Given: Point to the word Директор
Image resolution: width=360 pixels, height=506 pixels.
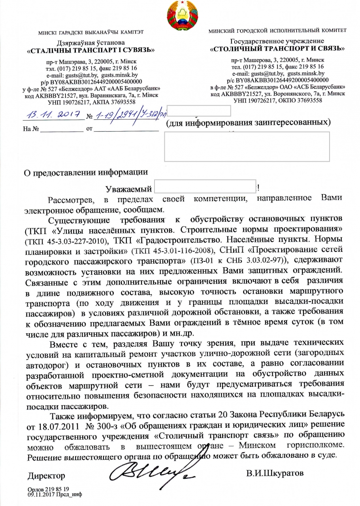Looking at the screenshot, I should [x=46, y=475].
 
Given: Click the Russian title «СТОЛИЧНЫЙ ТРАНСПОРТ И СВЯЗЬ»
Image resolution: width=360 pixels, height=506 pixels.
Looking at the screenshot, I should [x=277, y=49].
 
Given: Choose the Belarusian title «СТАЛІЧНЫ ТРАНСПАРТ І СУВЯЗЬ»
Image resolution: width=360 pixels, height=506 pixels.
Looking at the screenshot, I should [x=90, y=51].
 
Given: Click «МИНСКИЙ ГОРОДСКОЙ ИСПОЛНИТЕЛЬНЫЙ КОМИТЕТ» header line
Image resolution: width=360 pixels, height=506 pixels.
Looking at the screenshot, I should [x=277, y=30].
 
